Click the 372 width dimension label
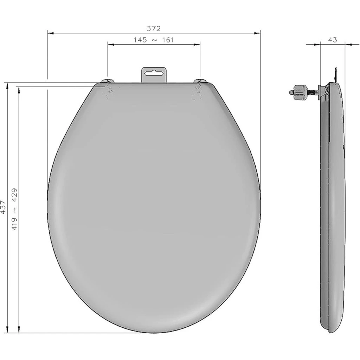tap(154, 28)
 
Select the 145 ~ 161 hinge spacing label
tap(154, 40)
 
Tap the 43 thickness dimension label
tap(333, 40)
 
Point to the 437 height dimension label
tap(3, 207)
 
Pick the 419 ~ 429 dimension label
tap(14, 209)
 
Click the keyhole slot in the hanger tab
tap(154, 73)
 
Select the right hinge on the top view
tap(200, 81)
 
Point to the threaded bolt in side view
tap(312, 92)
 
